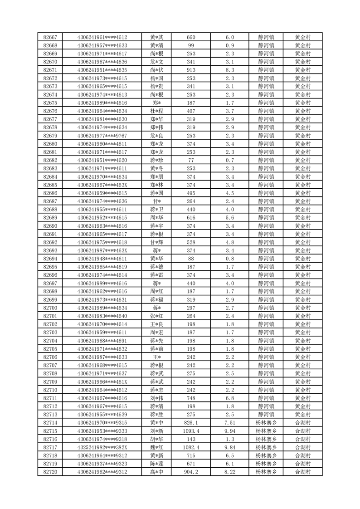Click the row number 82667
click(x=50, y=37)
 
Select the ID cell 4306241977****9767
click(x=102, y=136)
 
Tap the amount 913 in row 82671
click(x=191, y=70)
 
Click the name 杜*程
click(x=157, y=111)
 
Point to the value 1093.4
click(x=191, y=431)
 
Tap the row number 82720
click(x=50, y=472)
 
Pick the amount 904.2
click(x=191, y=472)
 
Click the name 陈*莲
click(x=157, y=464)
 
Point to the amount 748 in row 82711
click(x=191, y=398)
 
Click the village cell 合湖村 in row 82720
click(x=302, y=472)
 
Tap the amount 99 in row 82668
click(x=191, y=45)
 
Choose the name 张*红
click(x=157, y=316)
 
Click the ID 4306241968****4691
click(x=102, y=341)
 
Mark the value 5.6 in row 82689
click(x=229, y=218)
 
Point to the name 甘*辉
click(x=157, y=242)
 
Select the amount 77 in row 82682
click(x=191, y=160)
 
